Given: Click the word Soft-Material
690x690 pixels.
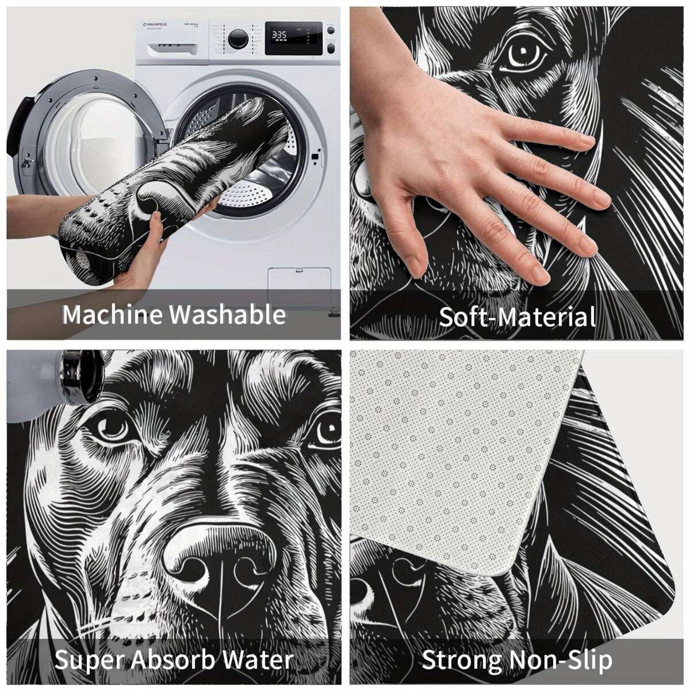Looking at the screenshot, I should [517, 317].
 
